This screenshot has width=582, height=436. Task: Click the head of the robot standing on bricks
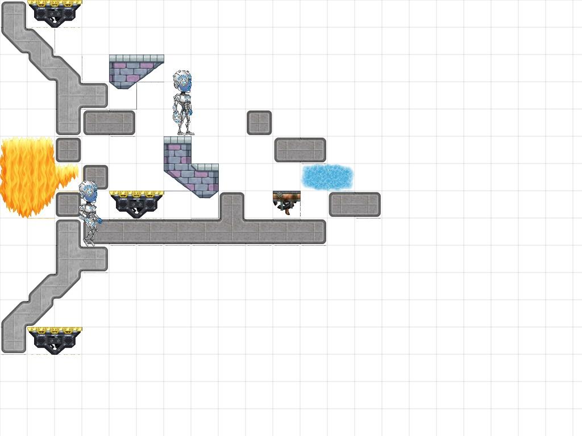click(182, 82)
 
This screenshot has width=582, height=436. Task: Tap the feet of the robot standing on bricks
click(183, 132)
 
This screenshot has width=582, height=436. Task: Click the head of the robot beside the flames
click(88, 191)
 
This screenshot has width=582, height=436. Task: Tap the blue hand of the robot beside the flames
click(99, 221)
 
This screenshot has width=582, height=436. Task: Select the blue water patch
click(327, 177)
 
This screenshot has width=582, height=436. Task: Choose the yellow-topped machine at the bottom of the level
click(55, 339)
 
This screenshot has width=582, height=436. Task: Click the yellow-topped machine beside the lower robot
click(136, 203)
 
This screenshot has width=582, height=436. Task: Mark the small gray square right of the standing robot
click(259, 123)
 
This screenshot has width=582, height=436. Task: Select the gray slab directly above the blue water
click(300, 150)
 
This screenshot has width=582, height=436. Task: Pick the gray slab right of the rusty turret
click(355, 204)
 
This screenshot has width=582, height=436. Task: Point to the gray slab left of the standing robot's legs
click(109, 123)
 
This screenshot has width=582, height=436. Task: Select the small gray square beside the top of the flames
click(68, 150)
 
